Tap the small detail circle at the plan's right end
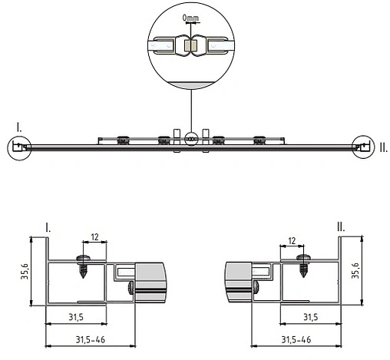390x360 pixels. [x=362, y=145]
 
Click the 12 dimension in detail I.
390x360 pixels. [x=95, y=237]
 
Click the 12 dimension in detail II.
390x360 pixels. [x=292, y=240]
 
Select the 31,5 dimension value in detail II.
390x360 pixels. [x=310, y=316]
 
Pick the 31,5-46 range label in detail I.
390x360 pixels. [x=86, y=338]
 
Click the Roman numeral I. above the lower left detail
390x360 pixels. [x=49, y=227]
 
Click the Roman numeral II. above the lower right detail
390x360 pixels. [x=340, y=227]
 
